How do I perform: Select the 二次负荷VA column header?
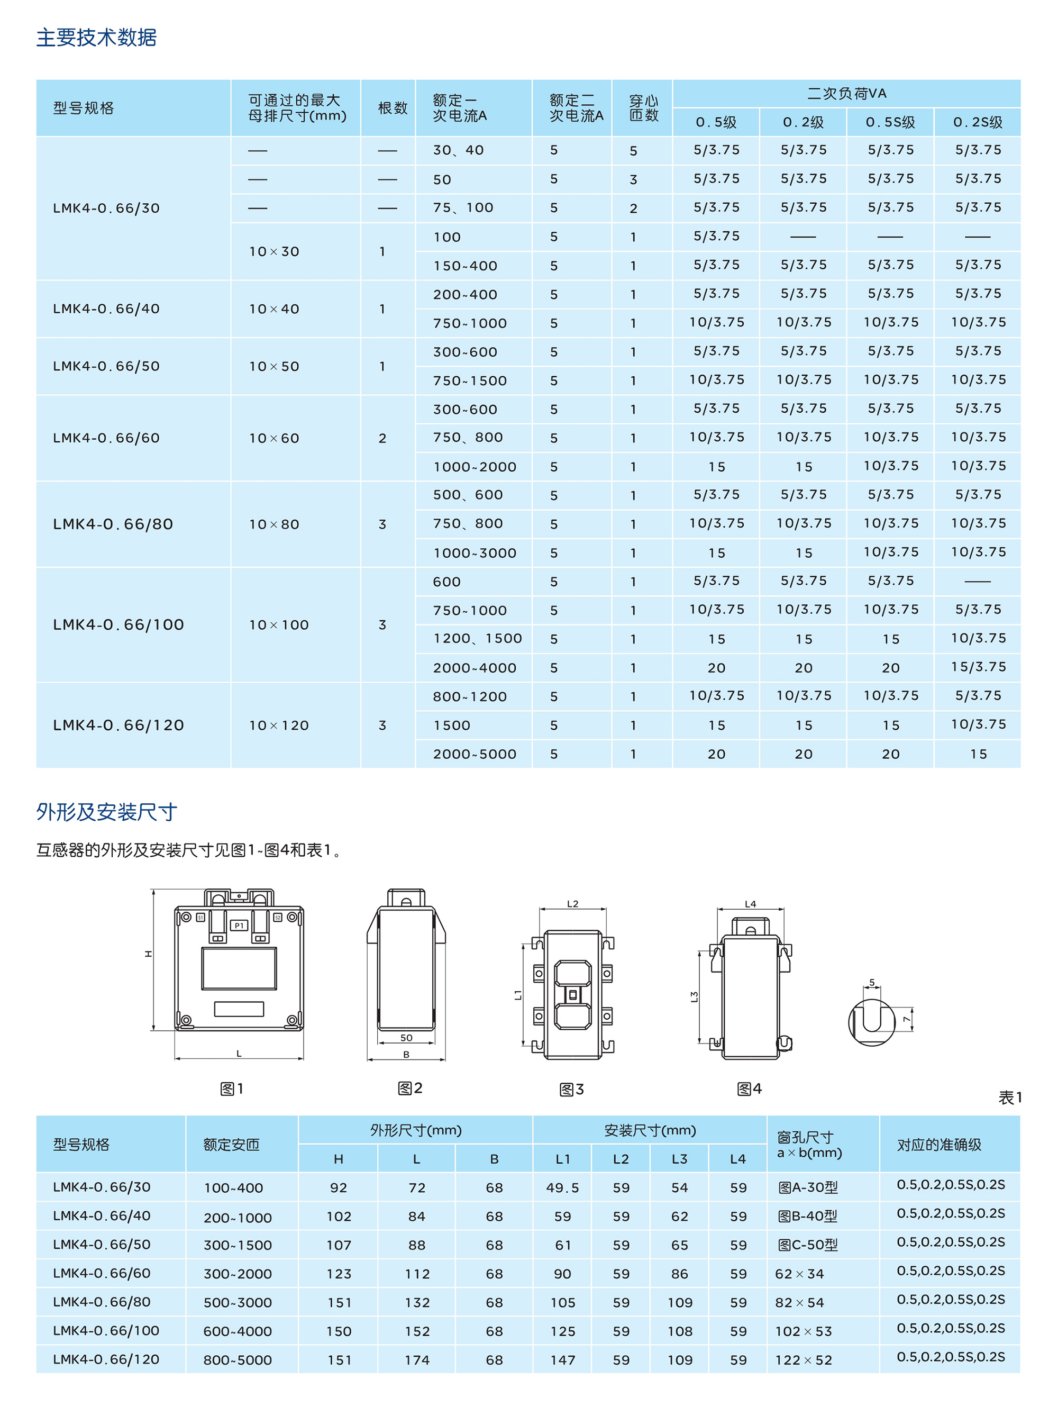tap(846, 94)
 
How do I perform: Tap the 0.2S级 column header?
tap(977, 122)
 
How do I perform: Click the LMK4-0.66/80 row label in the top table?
tap(113, 524)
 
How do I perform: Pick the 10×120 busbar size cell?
tap(278, 725)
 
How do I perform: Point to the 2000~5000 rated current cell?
tap(474, 754)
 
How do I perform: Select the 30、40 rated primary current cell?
tap(458, 150)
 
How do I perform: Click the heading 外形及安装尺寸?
tap(106, 812)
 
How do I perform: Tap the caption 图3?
tap(571, 1090)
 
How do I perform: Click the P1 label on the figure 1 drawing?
tap(239, 926)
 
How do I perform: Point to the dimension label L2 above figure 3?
tap(572, 903)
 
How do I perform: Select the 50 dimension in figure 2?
tap(406, 1037)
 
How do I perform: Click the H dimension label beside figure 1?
tap(148, 954)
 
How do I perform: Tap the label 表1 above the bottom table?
tap(1010, 1097)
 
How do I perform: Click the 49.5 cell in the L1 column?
tap(562, 1187)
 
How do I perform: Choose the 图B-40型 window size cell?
tap(807, 1216)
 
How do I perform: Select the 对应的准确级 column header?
tap(938, 1145)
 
